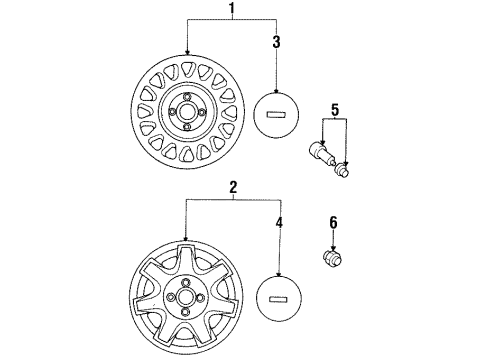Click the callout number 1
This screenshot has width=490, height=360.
[x=232, y=9]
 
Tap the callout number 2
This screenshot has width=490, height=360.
[x=233, y=188]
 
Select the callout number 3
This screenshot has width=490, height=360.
[x=276, y=42]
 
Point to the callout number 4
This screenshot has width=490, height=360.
[x=279, y=222]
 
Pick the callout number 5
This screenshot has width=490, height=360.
[x=335, y=110]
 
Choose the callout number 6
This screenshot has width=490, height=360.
[x=333, y=223]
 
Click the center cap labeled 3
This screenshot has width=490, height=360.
[x=276, y=115]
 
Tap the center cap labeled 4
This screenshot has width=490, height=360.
[x=279, y=299]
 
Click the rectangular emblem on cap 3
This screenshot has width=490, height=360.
[x=276, y=115]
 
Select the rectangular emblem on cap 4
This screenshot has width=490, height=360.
[x=278, y=299]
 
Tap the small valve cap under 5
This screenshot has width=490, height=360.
[x=343, y=170]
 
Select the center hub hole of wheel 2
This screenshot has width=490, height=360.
[x=184, y=296]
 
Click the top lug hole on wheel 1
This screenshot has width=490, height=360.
[x=187, y=96]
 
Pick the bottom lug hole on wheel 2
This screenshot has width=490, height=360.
[x=184, y=312]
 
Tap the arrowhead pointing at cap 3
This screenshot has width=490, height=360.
[x=276, y=90]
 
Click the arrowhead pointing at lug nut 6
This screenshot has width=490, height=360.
[x=333, y=248]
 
